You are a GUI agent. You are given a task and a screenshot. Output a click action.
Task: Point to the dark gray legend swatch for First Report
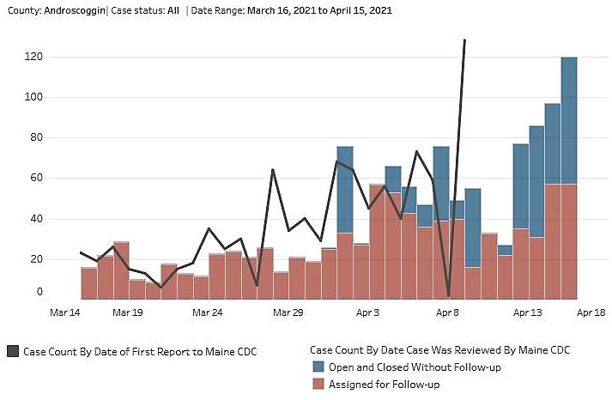12,351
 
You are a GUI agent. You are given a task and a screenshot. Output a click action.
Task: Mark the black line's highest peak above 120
464,39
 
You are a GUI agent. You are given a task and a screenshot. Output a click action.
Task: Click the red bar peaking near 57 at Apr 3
377,240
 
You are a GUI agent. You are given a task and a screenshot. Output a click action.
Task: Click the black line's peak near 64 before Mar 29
273,170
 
